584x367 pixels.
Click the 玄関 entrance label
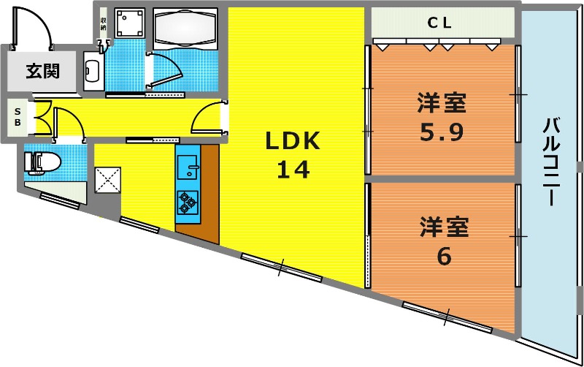(43, 70)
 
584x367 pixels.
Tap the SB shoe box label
(18, 117)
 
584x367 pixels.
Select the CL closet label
(439, 23)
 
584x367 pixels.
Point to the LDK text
(293, 141)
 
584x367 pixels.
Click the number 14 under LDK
(293, 170)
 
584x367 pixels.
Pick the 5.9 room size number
(442, 132)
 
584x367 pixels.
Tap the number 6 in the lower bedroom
(444, 256)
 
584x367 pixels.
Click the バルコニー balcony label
(551, 161)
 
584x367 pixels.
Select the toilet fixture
(42, 163)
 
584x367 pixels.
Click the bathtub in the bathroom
(185, 29)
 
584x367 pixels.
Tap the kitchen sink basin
(188, 167)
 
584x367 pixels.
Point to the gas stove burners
(188, 203)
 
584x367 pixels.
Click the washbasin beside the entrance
(93, 71)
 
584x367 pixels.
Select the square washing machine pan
(129, 23)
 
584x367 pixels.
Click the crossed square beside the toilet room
(107, 180)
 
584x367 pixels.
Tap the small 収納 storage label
(103, 24)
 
